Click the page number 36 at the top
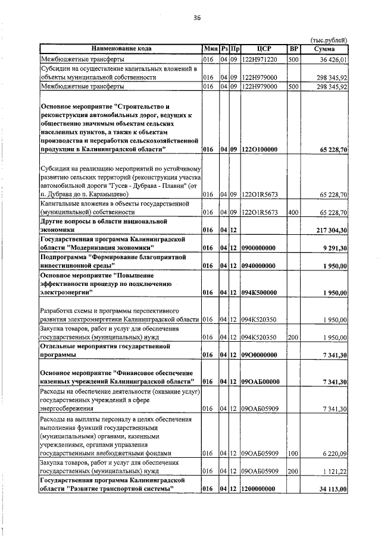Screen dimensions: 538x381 pos(197,18)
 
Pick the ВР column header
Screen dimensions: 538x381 pos(293,48)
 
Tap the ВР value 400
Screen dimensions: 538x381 pos(293,212)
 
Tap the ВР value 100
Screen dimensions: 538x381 pos(293,453)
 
